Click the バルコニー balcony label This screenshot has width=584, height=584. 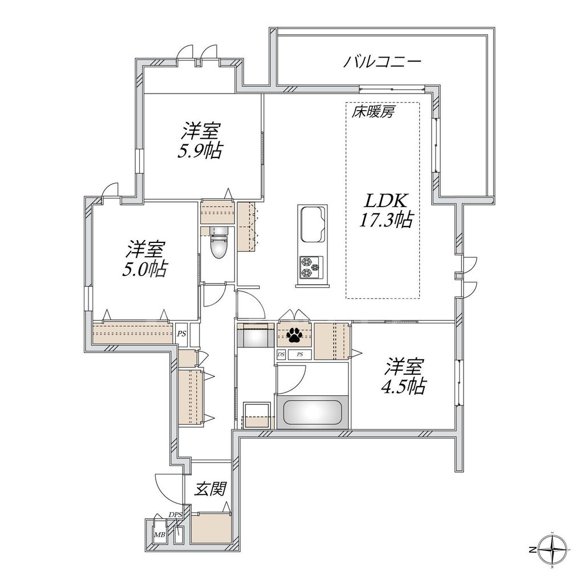(x=382, y=62)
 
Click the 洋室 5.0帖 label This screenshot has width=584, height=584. (x=146, y=259)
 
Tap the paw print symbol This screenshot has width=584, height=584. (x=294, y=335)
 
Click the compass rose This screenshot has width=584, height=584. (x=554, y=550)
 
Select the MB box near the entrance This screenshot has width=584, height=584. (x=160, y=534)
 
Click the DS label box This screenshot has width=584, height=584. (x=281, y=354)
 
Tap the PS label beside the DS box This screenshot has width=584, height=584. (x=299, y=354)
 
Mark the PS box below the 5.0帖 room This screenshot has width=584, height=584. (x=181, y=334)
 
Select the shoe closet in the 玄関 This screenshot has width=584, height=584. (x=211, y=528)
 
